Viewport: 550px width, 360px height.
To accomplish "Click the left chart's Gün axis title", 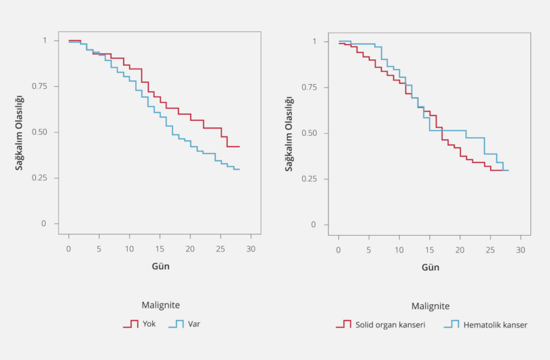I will coord(161,266).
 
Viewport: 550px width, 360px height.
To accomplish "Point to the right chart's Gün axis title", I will coord(430,267).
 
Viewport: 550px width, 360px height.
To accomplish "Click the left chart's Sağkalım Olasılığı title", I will coord(20,132).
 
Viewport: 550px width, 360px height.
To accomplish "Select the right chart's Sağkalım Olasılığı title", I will coord(289,133).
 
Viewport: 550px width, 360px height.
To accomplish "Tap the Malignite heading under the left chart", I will coord(160,306).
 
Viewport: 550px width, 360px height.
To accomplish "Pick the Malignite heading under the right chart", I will coord(430,306).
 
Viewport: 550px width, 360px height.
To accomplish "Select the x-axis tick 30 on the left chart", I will coord(251,249).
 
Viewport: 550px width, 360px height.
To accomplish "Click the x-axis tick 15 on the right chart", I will coord(430,250).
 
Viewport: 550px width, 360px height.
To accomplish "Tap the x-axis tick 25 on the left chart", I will coord(220,249).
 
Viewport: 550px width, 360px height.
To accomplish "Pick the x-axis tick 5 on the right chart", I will coord(369,250).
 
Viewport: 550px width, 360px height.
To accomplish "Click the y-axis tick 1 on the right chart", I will coord(315,41).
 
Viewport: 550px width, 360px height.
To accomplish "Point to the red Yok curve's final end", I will coord(240,146).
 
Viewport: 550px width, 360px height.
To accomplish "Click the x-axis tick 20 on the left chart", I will coord(189,249).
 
